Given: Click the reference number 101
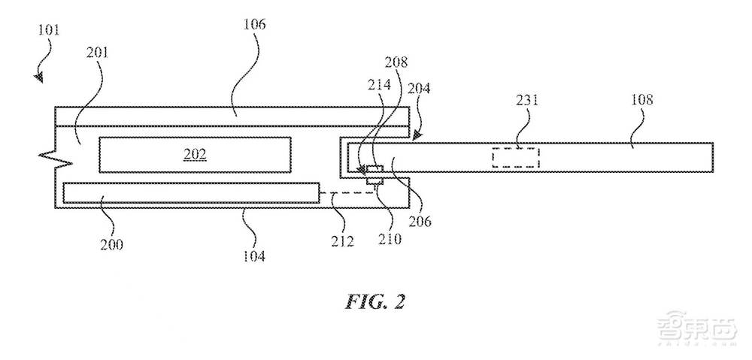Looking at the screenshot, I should tap(47, 31).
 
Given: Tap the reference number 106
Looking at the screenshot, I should tap(255, 24).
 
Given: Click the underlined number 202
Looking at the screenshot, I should tap(195, 155).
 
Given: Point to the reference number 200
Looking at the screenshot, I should tap(113, 244).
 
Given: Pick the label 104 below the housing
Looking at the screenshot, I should tap(254, 256).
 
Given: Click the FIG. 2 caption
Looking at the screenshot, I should tap(376, 301).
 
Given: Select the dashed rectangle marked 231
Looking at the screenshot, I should tap(516, 158).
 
